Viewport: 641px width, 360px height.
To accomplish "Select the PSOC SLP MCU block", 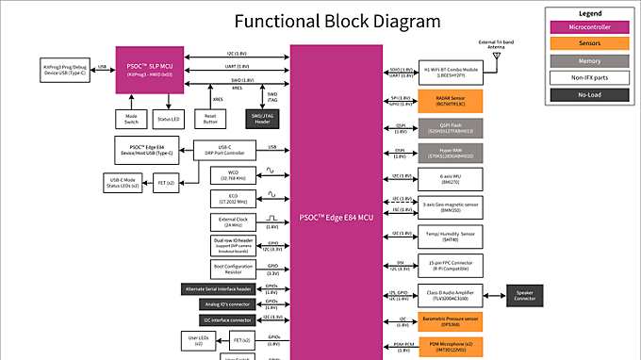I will (149, 69).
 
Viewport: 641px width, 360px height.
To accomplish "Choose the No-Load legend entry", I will (590, 94).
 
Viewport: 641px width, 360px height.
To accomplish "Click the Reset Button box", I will (211, 118).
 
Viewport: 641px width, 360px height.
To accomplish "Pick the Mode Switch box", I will (131, 118).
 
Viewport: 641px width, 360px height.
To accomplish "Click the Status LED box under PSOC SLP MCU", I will (170, 118).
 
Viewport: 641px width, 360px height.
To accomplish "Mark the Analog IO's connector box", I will (226, 304).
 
